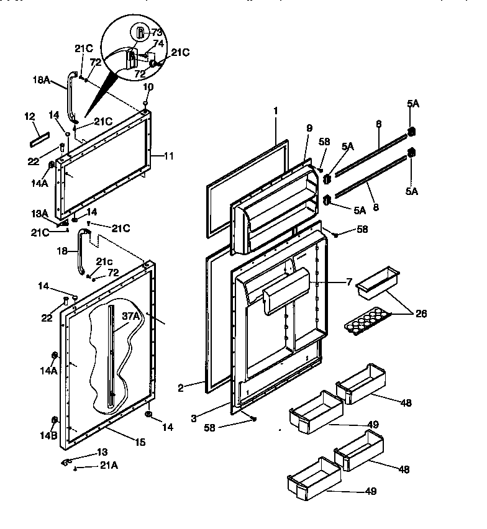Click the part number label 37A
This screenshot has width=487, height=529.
(x=130, y=315)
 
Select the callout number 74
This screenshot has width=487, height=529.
(x=158, y=43)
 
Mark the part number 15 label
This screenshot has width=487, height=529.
(x=141, y=442)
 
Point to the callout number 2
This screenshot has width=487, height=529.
(x=180, y=387)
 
